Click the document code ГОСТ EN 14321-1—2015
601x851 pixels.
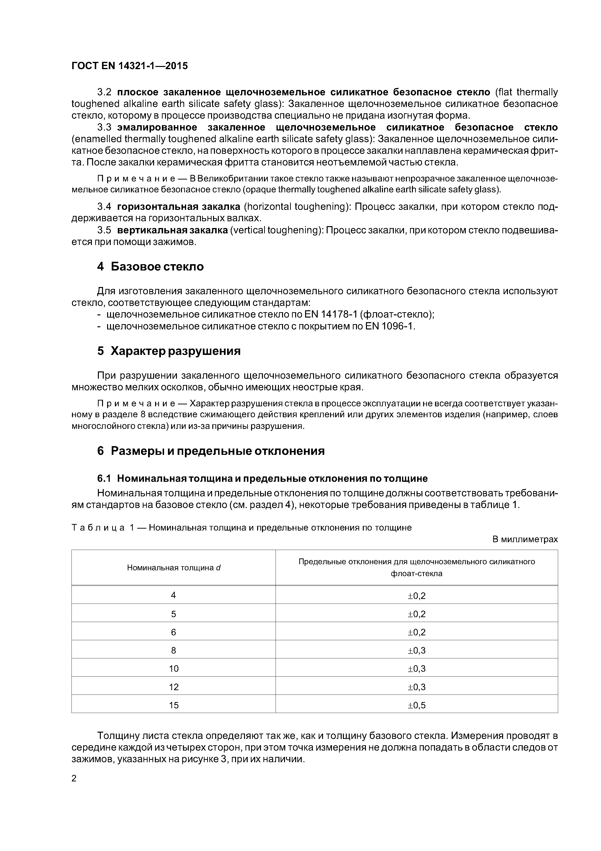[130, 66]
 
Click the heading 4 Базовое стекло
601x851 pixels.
[150, 267]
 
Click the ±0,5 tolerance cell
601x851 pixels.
[417, 705]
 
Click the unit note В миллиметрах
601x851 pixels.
[525, 539]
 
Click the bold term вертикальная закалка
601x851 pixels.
[172, 230]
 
